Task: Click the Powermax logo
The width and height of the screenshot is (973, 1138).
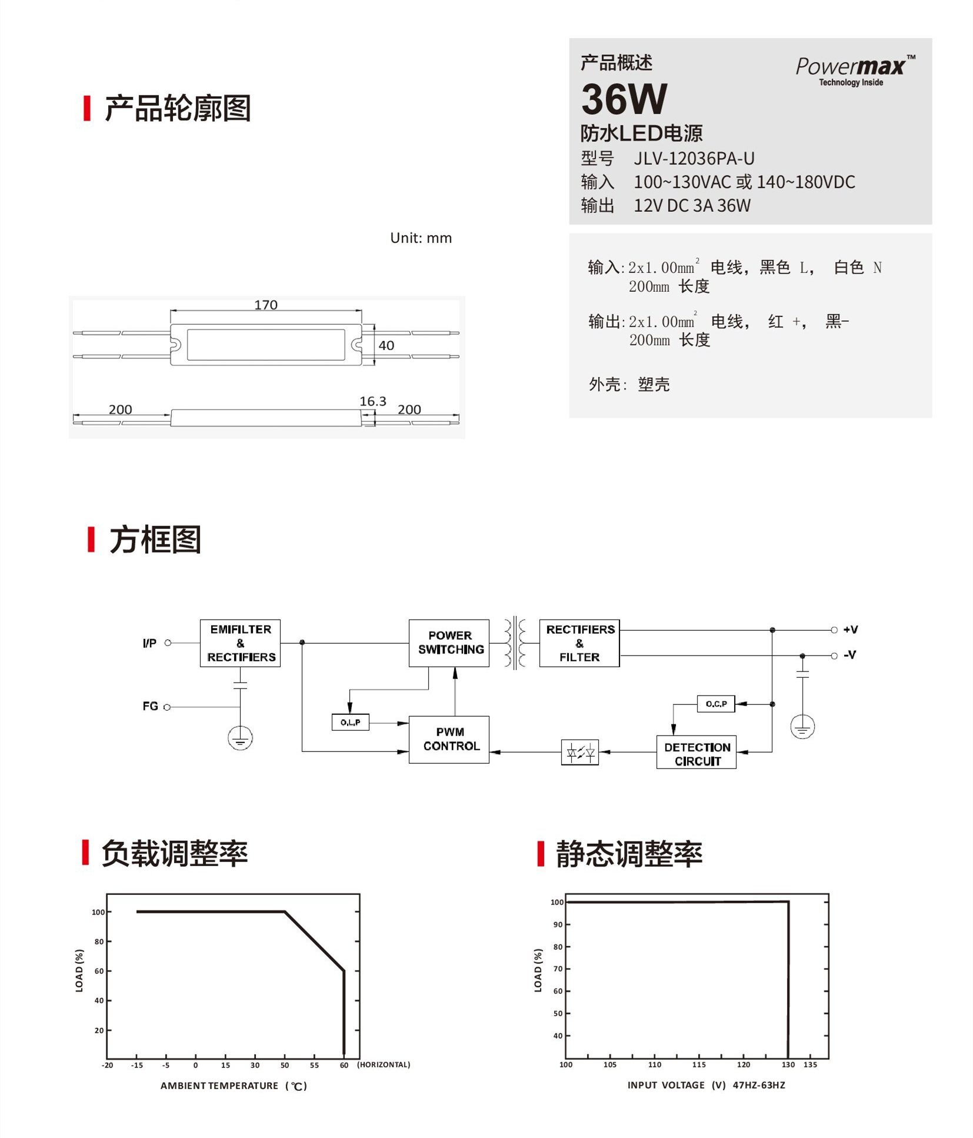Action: tap(854, 69)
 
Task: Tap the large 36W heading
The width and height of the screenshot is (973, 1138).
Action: tap(624, 99)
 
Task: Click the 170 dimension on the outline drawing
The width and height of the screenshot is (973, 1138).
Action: tap(265, 305)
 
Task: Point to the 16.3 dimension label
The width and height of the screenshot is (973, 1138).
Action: tap(372, 401)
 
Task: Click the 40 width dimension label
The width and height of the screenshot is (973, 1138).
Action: tap(386, 345)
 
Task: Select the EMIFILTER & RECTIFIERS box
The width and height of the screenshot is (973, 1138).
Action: tap(240, 643)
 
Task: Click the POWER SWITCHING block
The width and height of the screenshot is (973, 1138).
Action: tap(449, 643)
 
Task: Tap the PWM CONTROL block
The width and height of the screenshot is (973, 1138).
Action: tap(449, 739)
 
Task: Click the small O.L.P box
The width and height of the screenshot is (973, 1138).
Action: tap(350, 722)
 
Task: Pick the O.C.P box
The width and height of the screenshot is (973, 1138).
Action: tap(715, 704)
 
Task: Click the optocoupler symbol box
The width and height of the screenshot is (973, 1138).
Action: tap(579, 752)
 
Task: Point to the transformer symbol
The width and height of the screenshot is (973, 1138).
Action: tap(514, 643)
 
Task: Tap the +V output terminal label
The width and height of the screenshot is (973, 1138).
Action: tap(850, 630)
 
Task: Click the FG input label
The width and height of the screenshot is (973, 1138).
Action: tap(150, 706)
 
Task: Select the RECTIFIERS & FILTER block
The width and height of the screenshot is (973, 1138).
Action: tap(579, 643)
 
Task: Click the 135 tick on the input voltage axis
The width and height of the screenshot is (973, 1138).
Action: tap(810, 1064)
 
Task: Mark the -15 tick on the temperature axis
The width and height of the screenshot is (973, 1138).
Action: tap(136, 1065)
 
